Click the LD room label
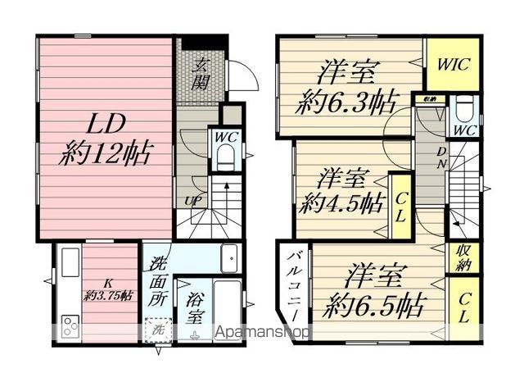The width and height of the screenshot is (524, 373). click(105, 125)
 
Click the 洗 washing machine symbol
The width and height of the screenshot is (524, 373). click(156, 330)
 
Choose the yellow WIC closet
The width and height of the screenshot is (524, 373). click(451, 64)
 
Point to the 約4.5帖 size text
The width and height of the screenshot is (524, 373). click(341, 201)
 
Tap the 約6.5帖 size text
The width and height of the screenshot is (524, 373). click(373, 305)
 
